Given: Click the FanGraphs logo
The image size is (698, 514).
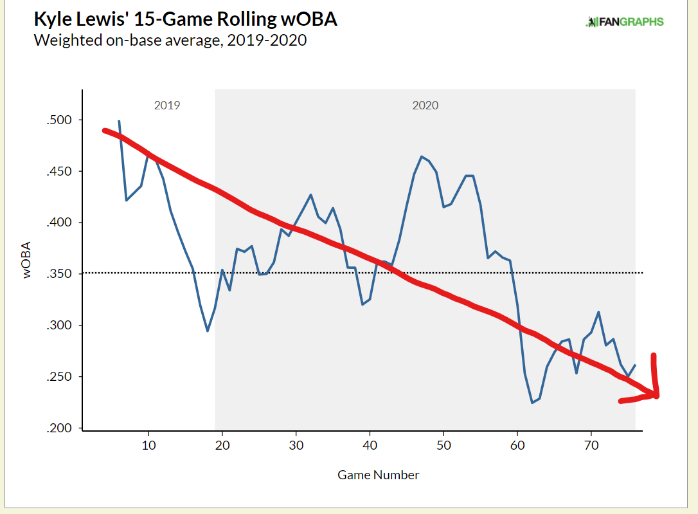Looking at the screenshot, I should point(625,22).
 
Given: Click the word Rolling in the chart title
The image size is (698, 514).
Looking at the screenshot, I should point(215,19).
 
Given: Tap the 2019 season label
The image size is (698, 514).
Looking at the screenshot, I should point(167,105).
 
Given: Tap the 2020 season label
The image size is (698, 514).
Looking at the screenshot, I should point(425,105).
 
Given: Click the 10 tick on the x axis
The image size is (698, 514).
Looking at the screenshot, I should point(148,445).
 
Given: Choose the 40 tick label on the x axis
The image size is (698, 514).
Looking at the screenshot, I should point(370,445).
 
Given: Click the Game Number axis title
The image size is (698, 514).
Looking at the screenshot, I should point(378,475).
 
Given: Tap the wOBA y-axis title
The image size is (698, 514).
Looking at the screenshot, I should point(28,260).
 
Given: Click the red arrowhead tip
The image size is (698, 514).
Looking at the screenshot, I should point(658,394).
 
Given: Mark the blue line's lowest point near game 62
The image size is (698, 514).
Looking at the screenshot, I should point(532,403).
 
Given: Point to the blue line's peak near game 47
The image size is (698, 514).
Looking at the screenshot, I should point(422,156).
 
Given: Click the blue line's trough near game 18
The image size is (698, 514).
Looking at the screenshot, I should point(207,331).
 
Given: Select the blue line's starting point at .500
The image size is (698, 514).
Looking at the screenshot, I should point(119,121).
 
